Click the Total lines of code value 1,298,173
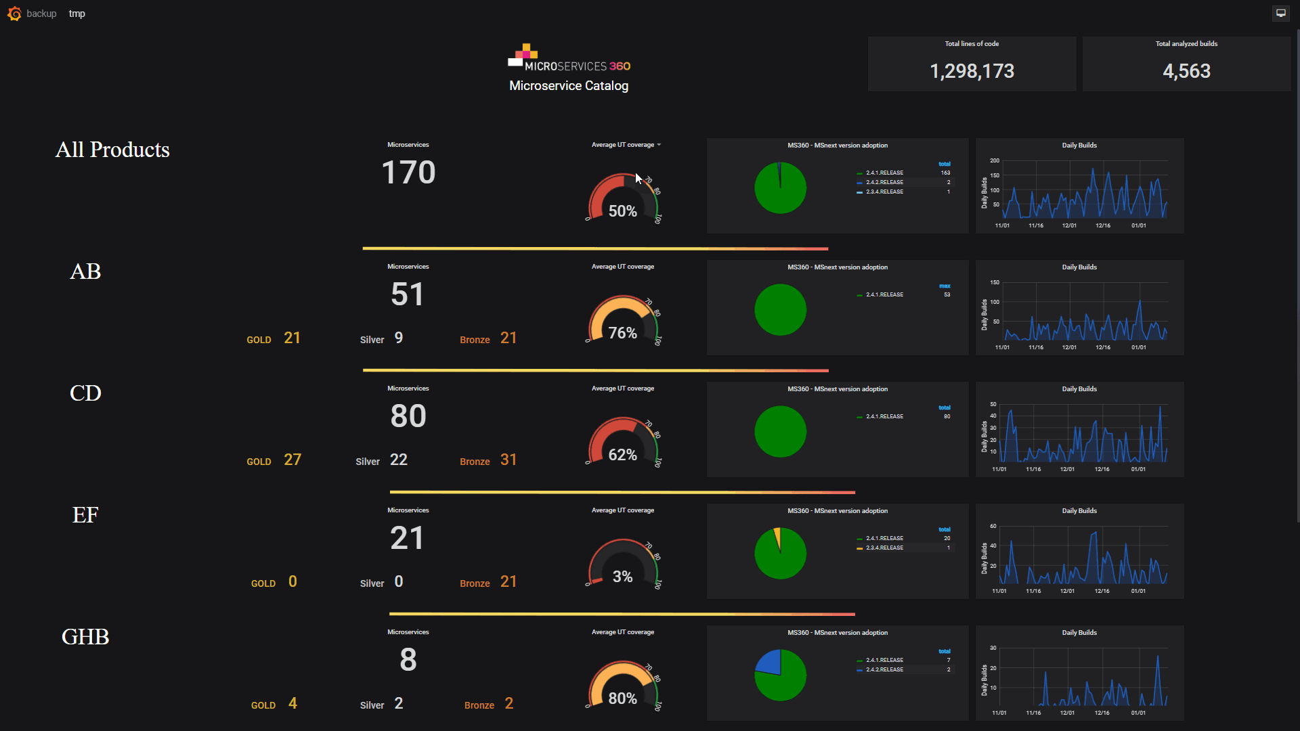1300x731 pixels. pos(972,71)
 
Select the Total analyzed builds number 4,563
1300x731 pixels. pos(1186,71)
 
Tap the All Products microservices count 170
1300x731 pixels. pos(408,173)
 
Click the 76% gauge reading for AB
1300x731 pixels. pos(622,333)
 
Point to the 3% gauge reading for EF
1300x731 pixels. pos(622,577)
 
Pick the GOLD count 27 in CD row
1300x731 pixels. pos(292,460)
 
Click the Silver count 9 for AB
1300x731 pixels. pos(399,338)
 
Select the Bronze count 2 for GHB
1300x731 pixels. pos(509,704)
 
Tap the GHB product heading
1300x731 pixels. pos(85,637)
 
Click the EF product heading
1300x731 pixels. pos(85,515)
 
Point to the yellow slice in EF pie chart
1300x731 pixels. pos(777,537)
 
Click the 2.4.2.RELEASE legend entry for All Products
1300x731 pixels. pos(884,182)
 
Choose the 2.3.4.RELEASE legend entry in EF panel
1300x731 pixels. pos(884,548)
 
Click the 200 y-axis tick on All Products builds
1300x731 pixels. pos(994,160)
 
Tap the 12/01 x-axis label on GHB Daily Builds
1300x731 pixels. pos(1067,713)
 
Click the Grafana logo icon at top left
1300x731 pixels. pos(14,14)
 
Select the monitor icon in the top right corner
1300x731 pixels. pos(1280,13)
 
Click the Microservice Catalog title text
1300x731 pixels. pos(569,86)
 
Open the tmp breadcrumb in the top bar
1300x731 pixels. pos(77,14)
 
